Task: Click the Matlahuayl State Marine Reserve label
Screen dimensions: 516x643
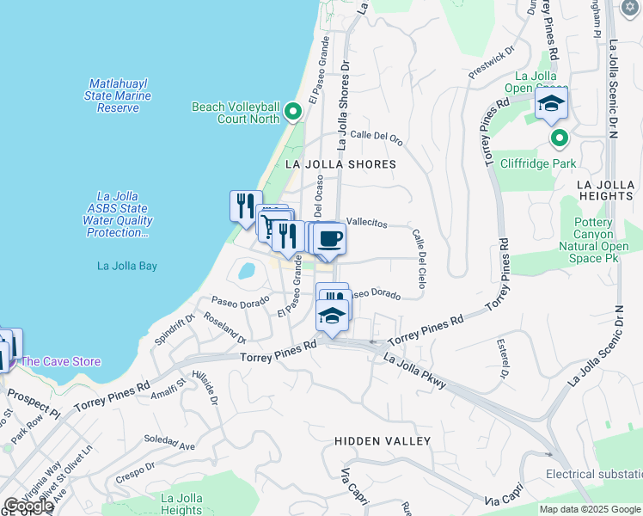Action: point(118,95)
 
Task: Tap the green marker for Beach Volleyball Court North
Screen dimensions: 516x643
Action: point(292,113)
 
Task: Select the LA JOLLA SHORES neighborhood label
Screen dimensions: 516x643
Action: point(340,163)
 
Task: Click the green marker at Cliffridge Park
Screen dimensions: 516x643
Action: point(559,138)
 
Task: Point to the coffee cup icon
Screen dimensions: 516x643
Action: point(330,239)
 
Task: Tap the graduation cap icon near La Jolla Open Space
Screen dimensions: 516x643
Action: point(551,106)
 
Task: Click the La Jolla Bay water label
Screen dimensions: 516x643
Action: point(126,266)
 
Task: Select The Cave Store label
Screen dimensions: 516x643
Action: point(61,362)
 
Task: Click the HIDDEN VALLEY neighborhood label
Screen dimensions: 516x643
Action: point(383,440)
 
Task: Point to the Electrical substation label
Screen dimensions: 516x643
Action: point(593,475)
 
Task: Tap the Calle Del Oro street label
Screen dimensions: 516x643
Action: point(377,136)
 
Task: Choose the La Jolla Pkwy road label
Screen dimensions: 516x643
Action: point(414,372)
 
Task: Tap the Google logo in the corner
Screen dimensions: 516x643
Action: point(28,506)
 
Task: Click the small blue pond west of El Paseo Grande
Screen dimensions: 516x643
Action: point(246,272)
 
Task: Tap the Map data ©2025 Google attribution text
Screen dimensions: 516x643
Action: point(591,509)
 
